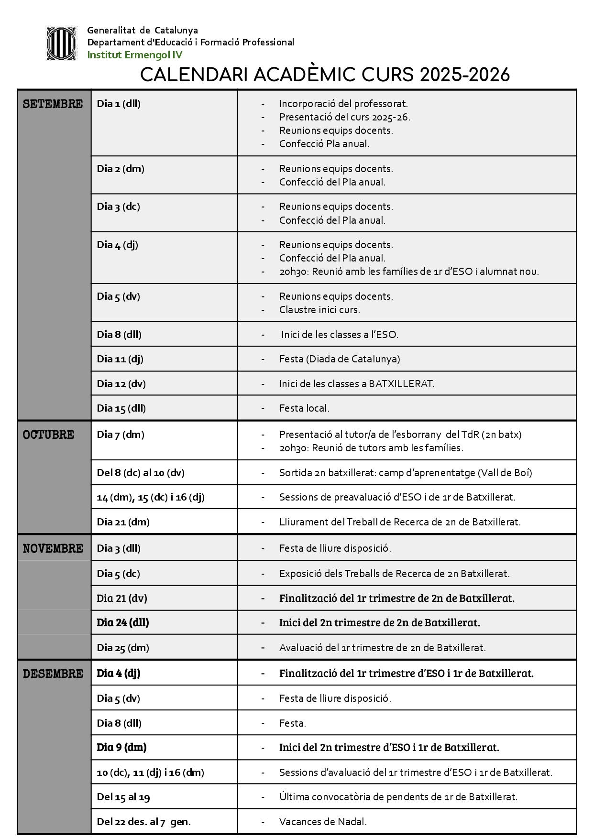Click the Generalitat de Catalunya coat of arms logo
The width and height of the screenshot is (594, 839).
point(61,43)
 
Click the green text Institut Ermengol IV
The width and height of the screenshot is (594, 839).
point(134,55)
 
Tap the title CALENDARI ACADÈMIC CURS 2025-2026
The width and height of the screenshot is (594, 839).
point(325,75)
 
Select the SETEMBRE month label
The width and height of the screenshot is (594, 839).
point(53,104)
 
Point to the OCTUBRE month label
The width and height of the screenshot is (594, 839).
point(48,435)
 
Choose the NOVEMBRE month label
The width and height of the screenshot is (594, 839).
point(53,549)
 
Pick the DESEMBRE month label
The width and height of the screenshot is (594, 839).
point(53,674)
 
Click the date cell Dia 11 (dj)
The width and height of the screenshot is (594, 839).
point(120,359)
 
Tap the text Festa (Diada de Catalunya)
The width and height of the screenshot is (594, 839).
point(340,359)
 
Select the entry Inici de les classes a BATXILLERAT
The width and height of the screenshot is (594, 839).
point(357,384)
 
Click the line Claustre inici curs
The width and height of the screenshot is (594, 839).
point(319,310)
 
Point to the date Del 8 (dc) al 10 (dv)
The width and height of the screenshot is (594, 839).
point(141,473)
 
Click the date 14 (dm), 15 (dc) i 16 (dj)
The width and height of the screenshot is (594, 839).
point(151,497)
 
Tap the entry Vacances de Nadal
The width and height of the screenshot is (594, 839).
point(323,822)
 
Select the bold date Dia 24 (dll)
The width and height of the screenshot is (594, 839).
point(123,622)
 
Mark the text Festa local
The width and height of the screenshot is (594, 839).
point(304,409)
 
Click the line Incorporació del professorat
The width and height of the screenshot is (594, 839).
point(343,104)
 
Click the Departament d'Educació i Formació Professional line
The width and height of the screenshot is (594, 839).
point(190,43)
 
